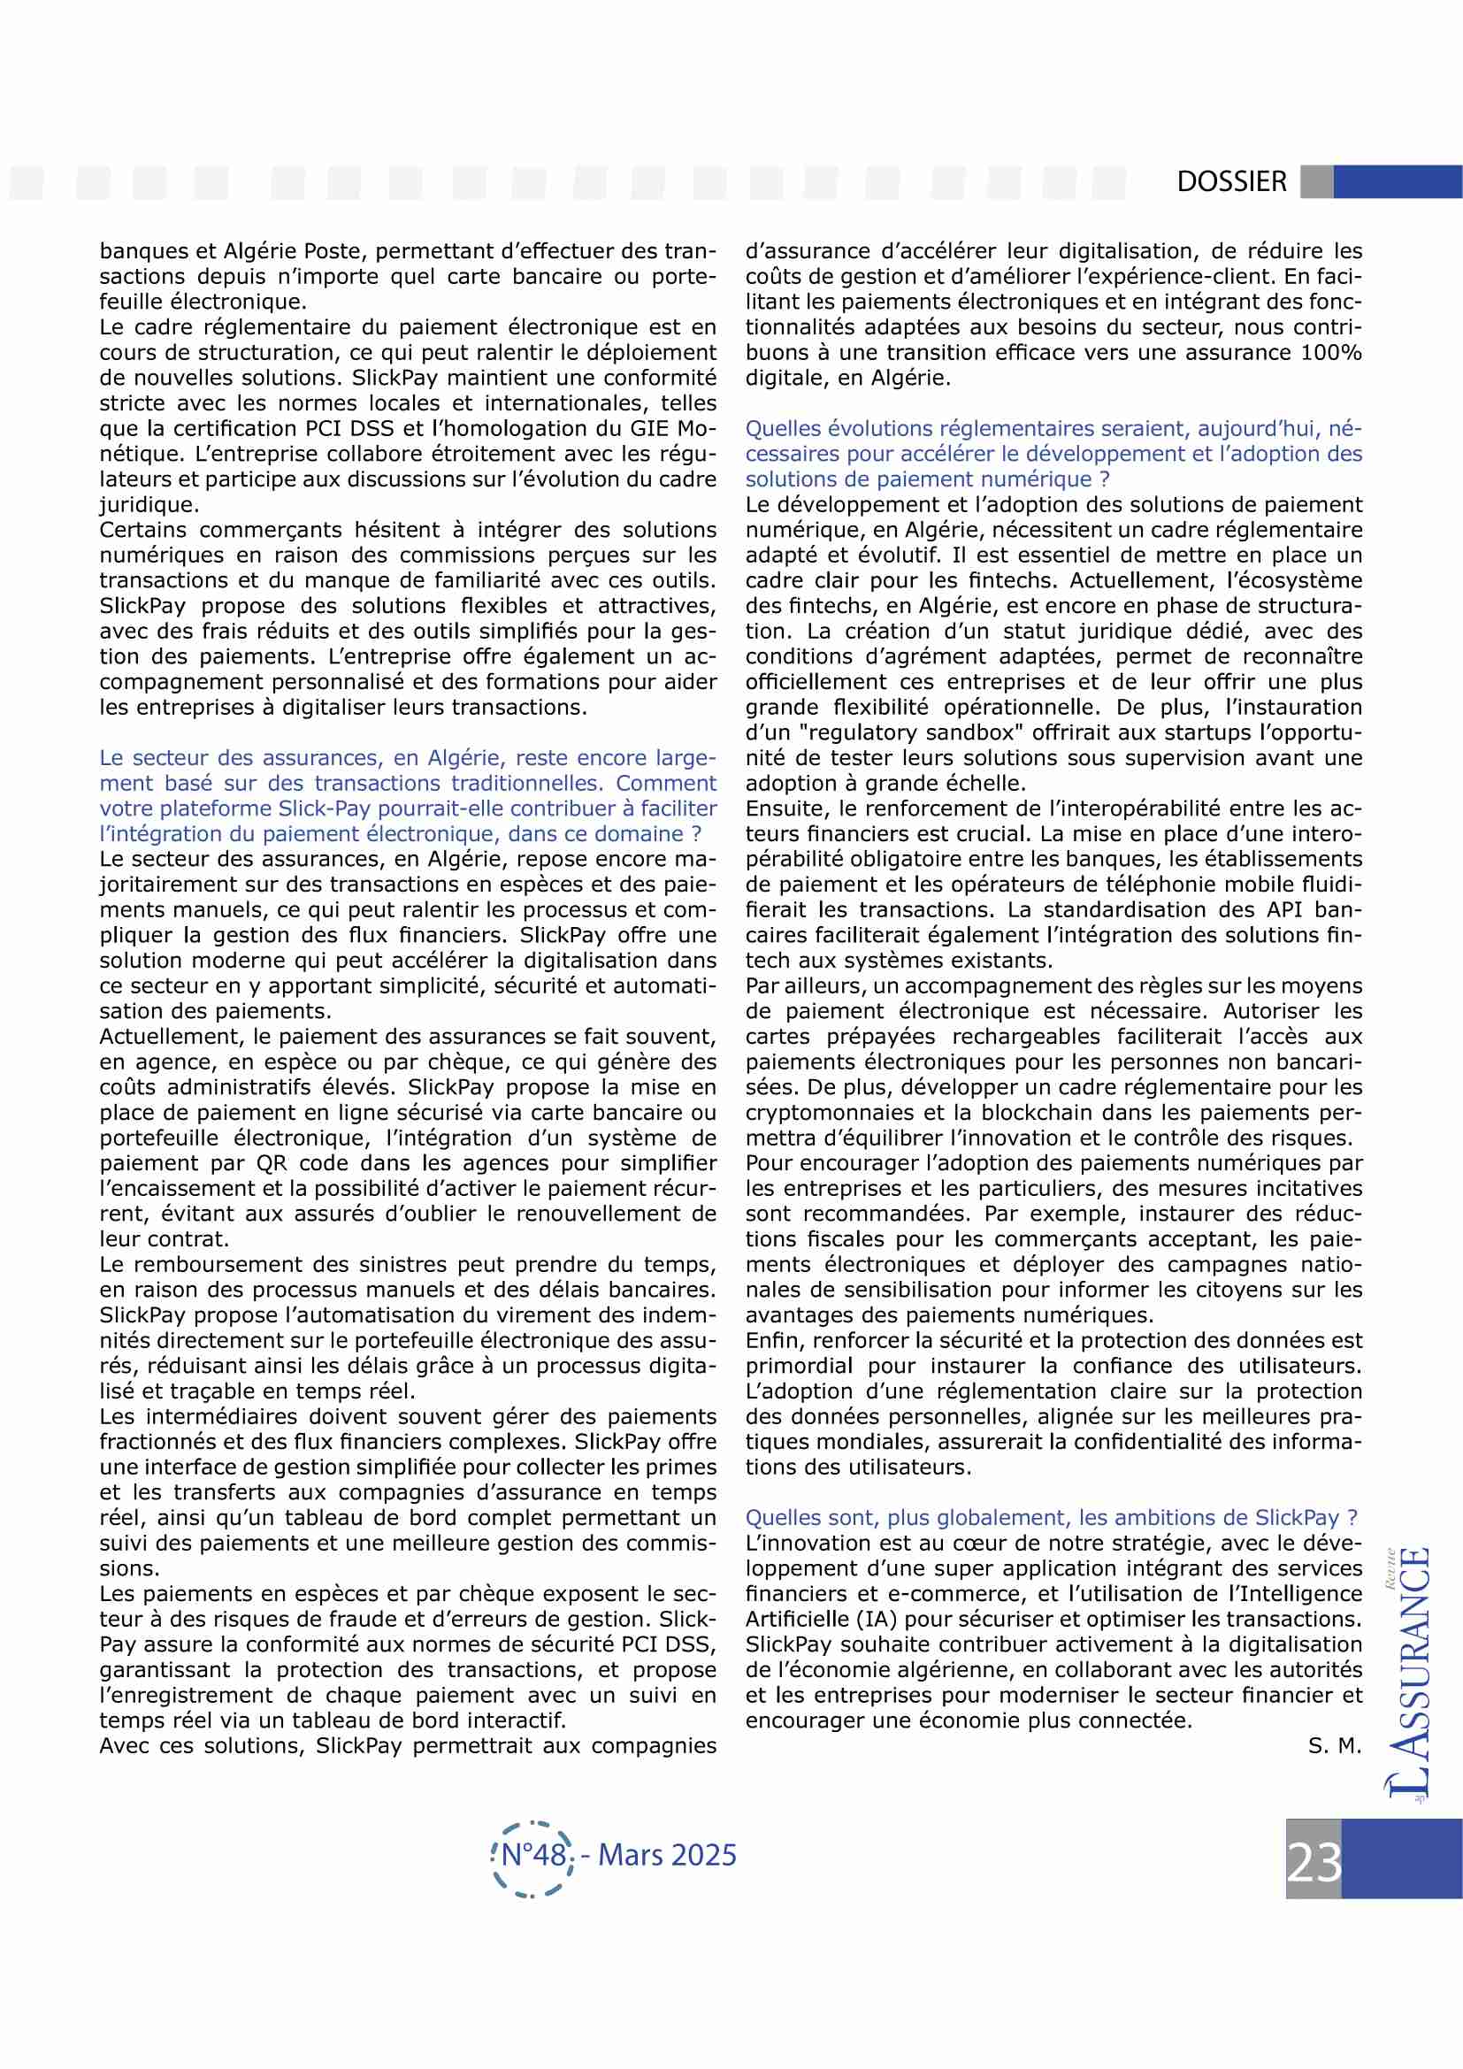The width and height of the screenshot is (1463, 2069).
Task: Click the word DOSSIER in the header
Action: point(1230,181)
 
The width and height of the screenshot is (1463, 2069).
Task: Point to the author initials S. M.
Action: point(1334,1745)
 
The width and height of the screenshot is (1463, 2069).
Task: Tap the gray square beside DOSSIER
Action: point(1316,181)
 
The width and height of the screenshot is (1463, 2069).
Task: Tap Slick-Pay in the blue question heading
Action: point(322,809)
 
